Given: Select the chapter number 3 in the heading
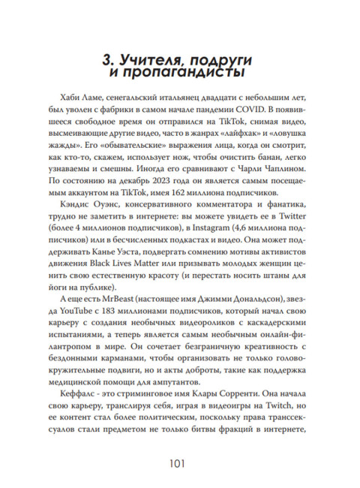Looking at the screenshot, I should [x=105, y=59].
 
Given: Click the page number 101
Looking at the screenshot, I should [x=180, y=462].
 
